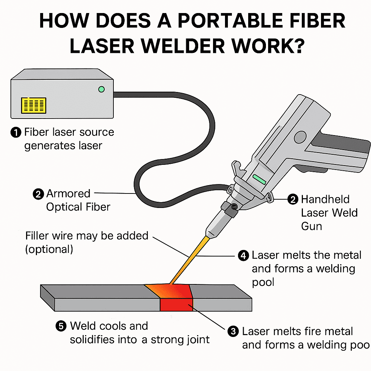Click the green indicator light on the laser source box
point(101,89)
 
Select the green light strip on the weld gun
point(259,179)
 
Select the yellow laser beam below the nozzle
point(188,259)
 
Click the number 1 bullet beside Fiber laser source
point(16,133)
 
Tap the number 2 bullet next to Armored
point(38,194)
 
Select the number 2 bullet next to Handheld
point(292,199)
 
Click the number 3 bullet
point(233,332)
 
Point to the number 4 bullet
point(243,256)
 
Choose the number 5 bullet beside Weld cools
point(61,326)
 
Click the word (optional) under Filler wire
point(49,249)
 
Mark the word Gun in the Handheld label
point(311,226)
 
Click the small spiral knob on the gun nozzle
point(234,207)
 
